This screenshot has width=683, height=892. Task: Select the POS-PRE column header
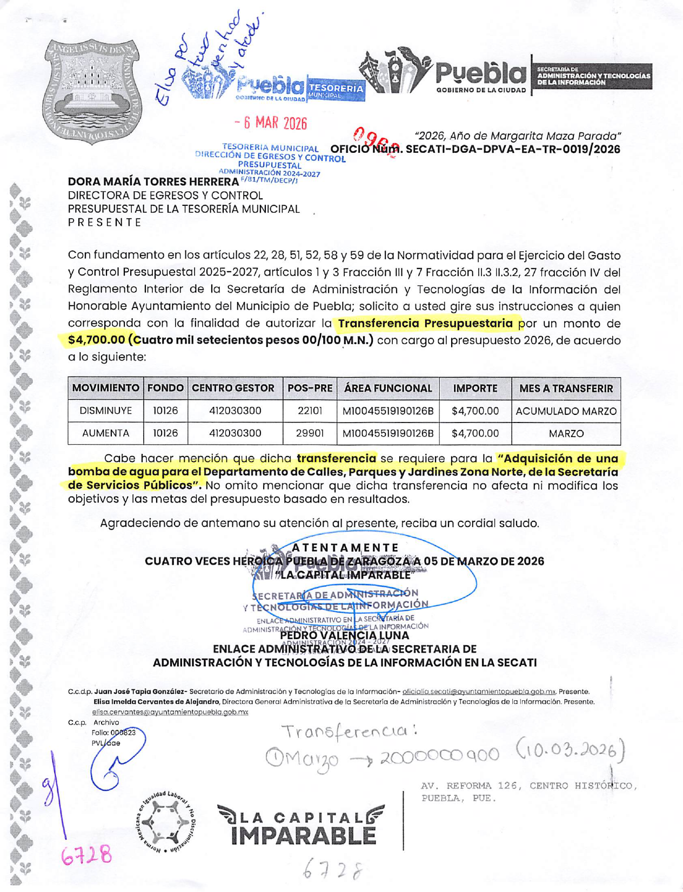coord(310,388)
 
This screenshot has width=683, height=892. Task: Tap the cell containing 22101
coord(310,411)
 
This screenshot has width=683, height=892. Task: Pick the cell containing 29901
coord(310,433)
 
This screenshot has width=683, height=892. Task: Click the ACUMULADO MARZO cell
coord(566,411)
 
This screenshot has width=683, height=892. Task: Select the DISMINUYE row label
coord(106,411)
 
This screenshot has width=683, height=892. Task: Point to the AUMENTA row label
coord(106,433)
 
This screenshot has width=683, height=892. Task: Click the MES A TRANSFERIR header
coord(566,388)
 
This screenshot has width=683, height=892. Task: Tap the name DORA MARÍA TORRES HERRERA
coord(153,182)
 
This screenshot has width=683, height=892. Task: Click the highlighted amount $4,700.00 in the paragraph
coord(97,340)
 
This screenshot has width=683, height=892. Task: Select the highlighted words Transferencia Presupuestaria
coord(425,324)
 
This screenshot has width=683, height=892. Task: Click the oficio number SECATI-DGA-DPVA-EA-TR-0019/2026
coord(512,150)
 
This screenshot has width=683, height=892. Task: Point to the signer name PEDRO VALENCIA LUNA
coord(344,635)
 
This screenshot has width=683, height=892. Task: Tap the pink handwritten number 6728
coord(86,855)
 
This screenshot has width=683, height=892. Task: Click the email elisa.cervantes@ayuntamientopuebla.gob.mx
coord(170,712)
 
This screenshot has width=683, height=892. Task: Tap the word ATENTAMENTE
coord(345,548)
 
